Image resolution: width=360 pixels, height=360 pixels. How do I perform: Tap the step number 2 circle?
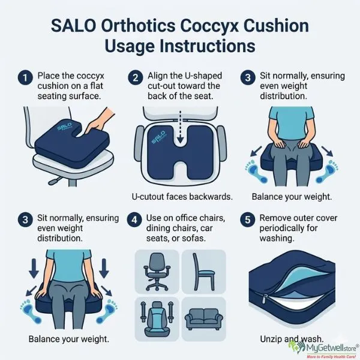[136, 77]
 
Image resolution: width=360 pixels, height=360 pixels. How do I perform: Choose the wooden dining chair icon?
[202, 272]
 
